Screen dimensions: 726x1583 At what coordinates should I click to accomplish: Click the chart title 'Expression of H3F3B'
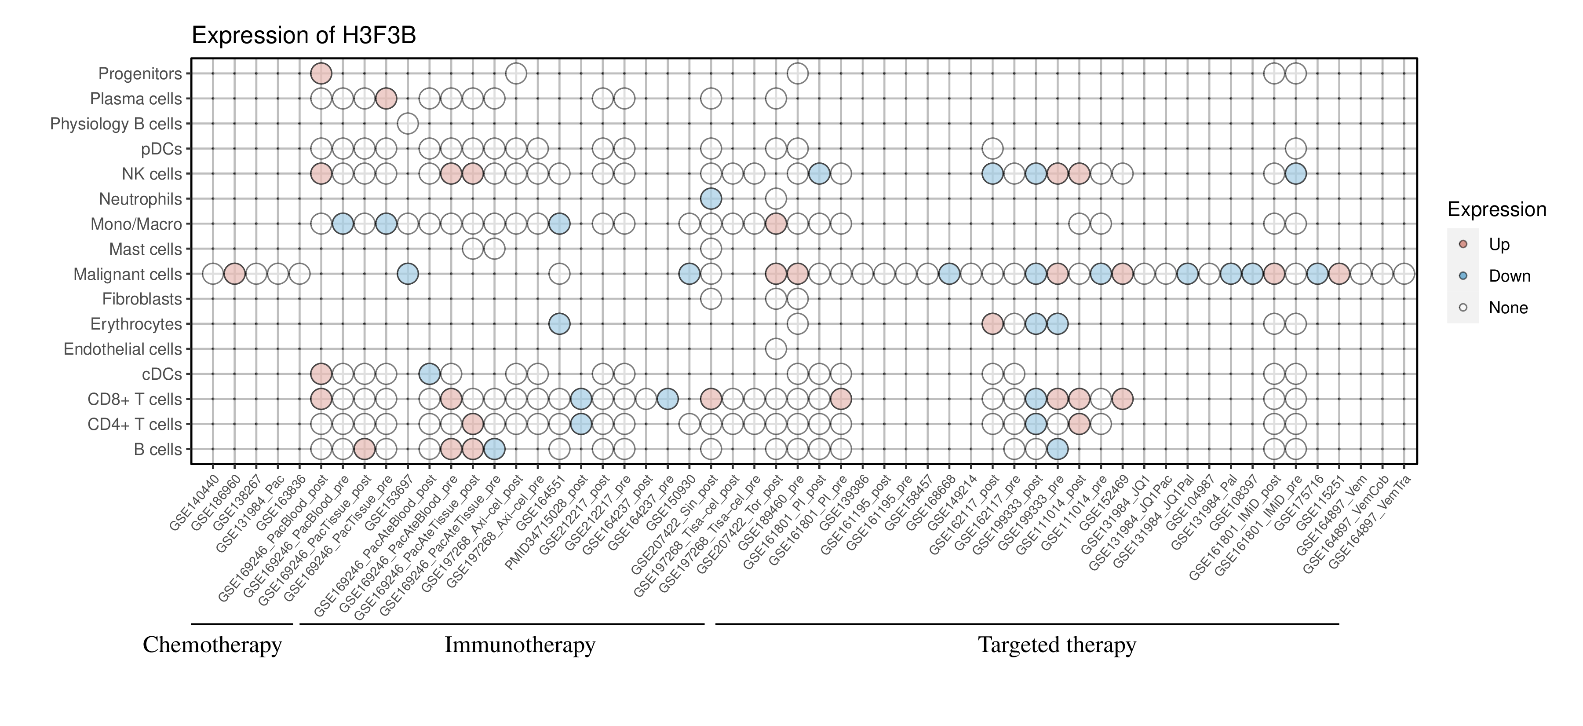[303, 36]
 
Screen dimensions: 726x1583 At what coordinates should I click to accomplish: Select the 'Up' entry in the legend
[1499, 245]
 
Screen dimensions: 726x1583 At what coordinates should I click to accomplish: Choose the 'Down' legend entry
[1509, 276]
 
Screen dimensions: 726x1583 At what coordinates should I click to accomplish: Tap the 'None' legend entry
[1507, 308]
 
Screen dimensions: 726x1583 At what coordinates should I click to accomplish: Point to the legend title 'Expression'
[1496, 209]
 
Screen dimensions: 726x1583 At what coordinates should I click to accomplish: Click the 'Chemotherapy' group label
[212, 645]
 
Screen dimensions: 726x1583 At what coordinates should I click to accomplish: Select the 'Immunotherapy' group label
[519, 645]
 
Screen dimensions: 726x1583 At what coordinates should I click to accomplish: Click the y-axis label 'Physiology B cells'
[116, 124]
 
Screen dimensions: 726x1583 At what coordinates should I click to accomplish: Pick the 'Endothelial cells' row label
[123, 349]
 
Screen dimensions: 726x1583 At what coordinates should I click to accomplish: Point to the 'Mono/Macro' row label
[136, 224]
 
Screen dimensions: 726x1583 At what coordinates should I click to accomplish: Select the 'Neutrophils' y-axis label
[140, 199]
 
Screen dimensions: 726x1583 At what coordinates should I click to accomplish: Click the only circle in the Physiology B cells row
[408, 124]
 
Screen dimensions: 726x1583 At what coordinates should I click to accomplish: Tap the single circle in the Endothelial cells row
[776, 348]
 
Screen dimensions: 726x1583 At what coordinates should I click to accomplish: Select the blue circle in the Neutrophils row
[711, 198]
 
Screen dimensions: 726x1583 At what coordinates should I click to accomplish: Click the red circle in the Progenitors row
[321, 74]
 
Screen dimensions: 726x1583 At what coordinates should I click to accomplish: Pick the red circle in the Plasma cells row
[386, 99]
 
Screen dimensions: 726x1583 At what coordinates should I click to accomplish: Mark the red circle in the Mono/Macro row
[776, 224]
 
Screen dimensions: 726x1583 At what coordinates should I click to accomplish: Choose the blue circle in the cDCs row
[429, 374]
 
